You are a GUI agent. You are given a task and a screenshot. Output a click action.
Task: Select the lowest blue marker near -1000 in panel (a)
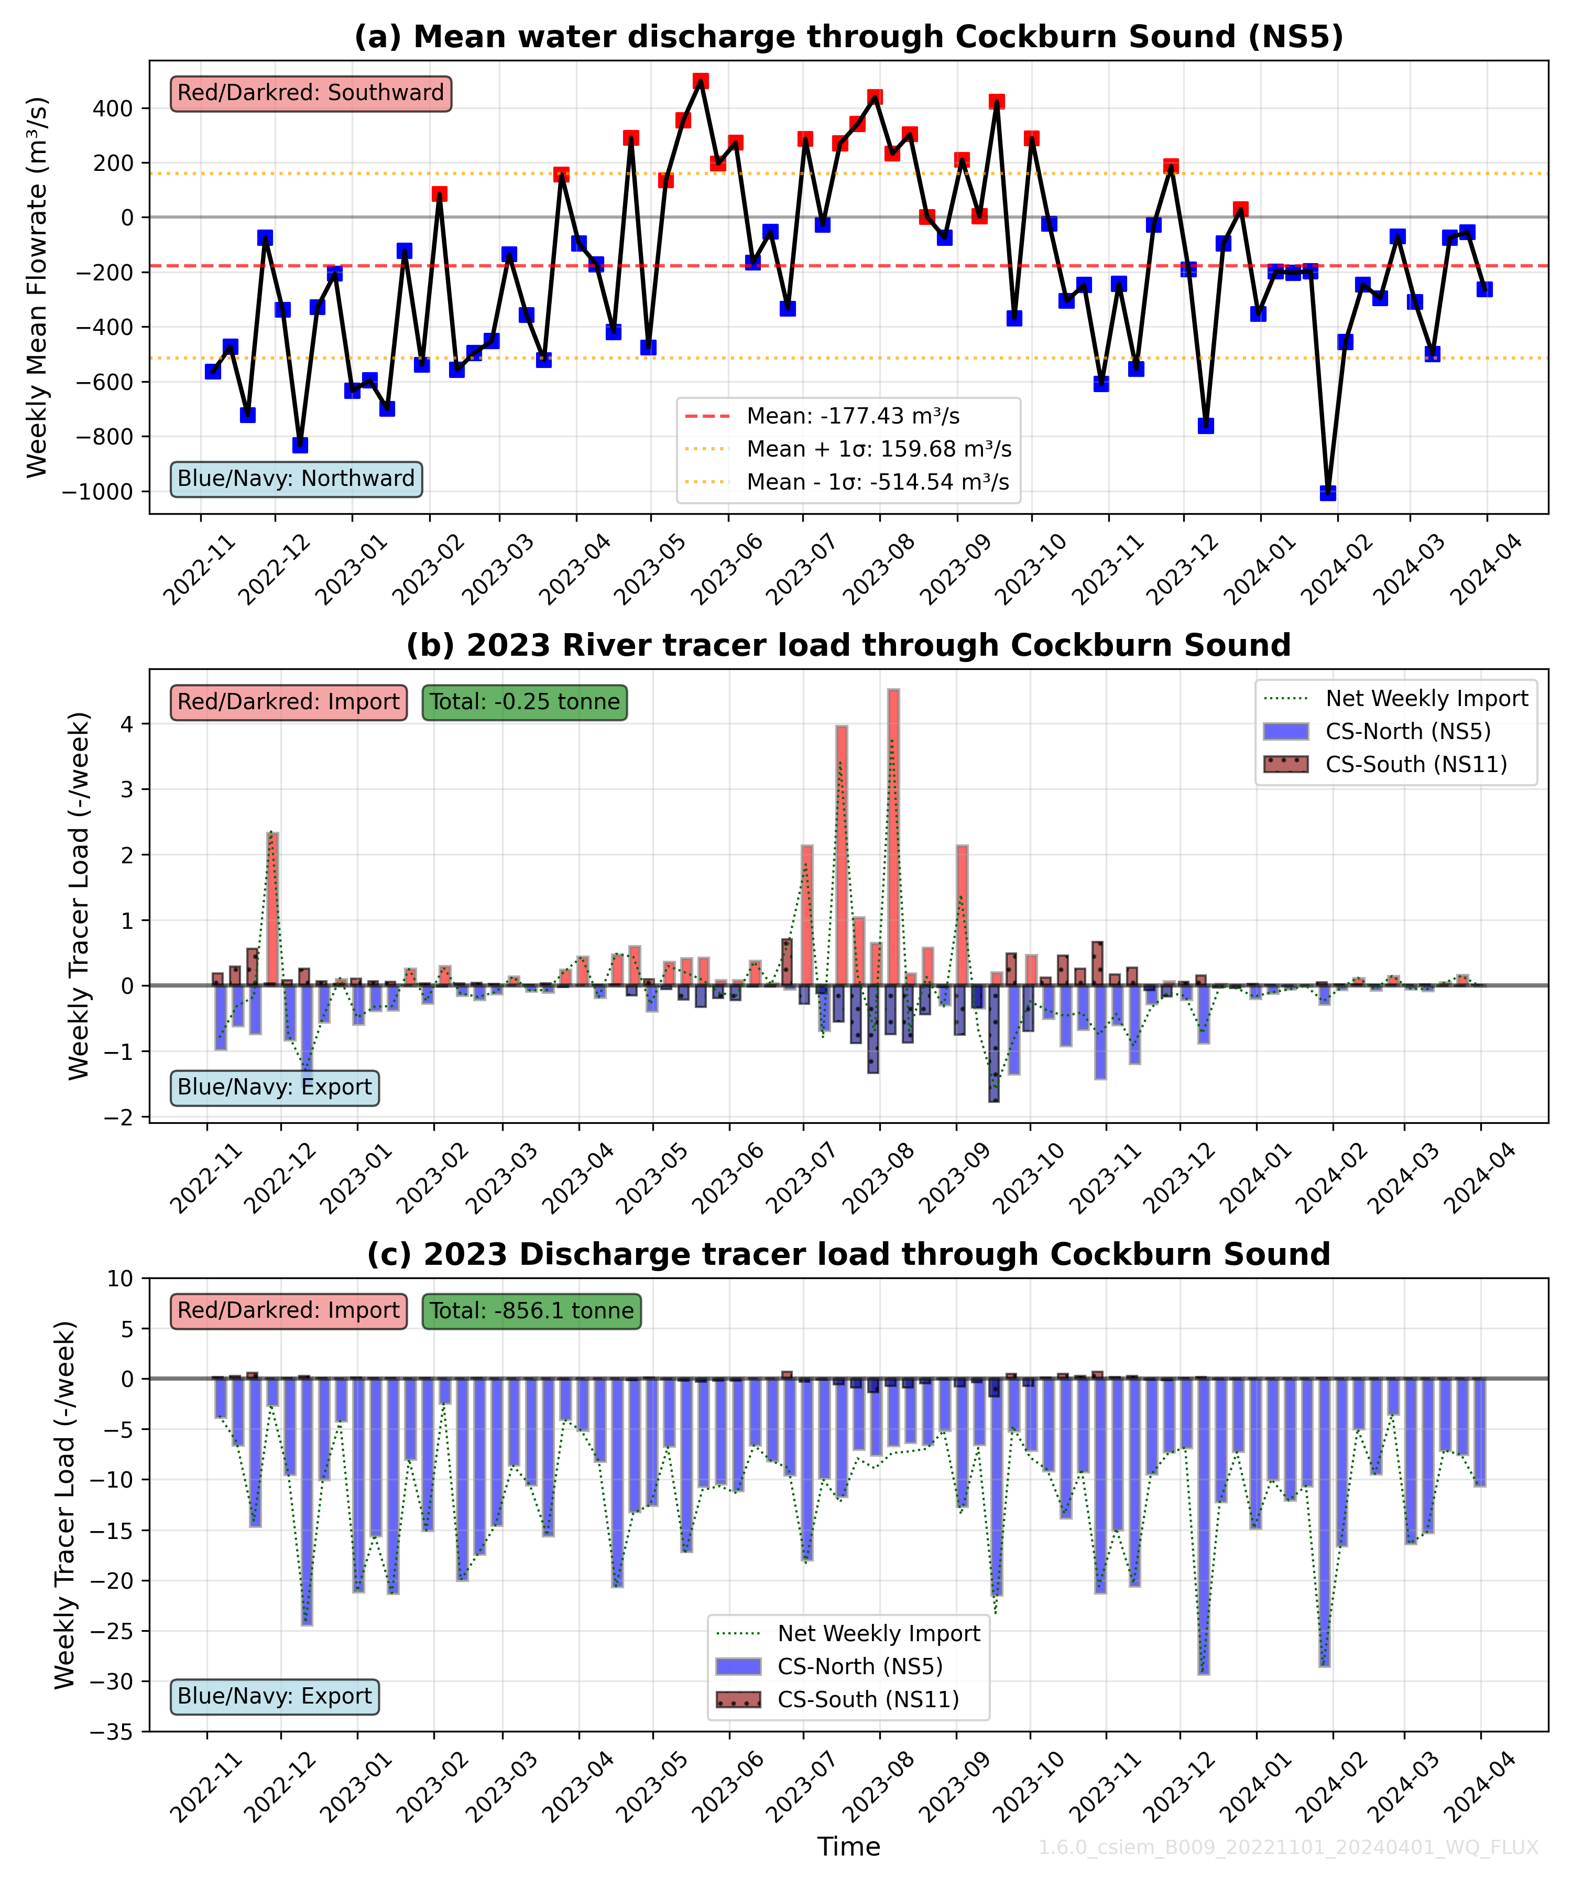(x=1328, y=492)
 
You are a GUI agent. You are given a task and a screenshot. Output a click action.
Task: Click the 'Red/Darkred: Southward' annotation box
(x=311, y=93)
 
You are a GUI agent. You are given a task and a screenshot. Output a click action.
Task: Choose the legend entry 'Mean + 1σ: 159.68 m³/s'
(x=879, y=449)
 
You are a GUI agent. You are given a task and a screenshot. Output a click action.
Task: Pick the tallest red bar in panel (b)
(x=893, y=836)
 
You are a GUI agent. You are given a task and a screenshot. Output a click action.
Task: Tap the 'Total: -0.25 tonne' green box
(x=525, y=702)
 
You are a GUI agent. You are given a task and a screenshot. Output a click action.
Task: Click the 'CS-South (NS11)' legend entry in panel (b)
(x=1416, y=765)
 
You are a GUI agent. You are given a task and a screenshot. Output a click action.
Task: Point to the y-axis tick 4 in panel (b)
(x=127, y=724)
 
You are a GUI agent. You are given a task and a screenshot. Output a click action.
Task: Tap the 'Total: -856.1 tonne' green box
(x=532, y=1311)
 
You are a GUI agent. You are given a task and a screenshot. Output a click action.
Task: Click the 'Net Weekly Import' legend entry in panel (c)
(x=879, y=1634)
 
